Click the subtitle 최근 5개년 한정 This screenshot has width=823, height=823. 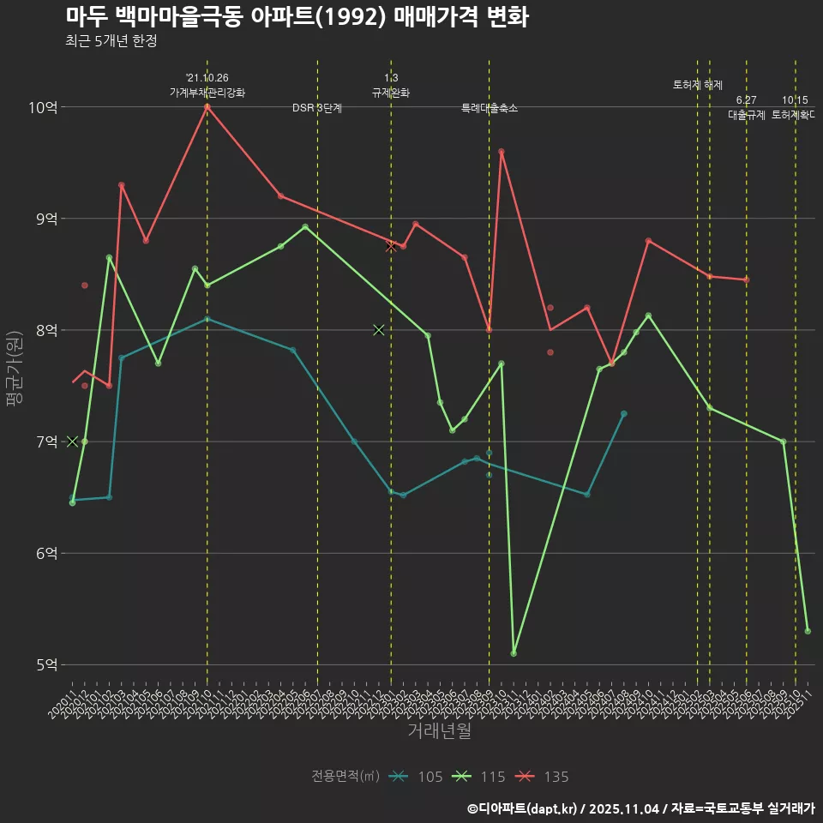(111, 41)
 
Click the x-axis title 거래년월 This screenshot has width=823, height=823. (439, 731)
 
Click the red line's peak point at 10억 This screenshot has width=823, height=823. (207, 107)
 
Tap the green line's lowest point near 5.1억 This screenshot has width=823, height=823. (514, 653)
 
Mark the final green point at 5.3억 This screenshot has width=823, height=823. (808, 631)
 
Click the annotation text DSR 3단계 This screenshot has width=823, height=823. (317, 108)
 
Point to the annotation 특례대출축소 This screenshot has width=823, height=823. (489, 108)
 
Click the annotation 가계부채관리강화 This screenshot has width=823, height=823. (207, 93)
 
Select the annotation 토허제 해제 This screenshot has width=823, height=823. (697, 85)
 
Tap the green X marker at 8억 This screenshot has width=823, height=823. (379, 330)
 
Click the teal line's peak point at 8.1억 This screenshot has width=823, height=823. (207, 319)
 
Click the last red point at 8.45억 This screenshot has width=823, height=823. (746, 279)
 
